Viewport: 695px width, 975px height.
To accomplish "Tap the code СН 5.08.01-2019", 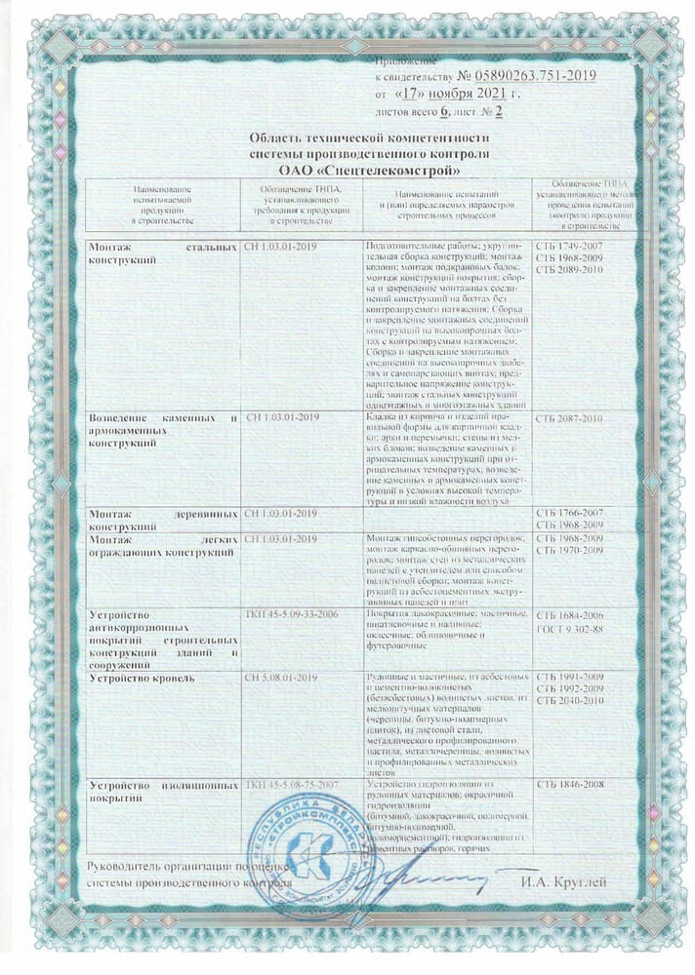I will point(281,676).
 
